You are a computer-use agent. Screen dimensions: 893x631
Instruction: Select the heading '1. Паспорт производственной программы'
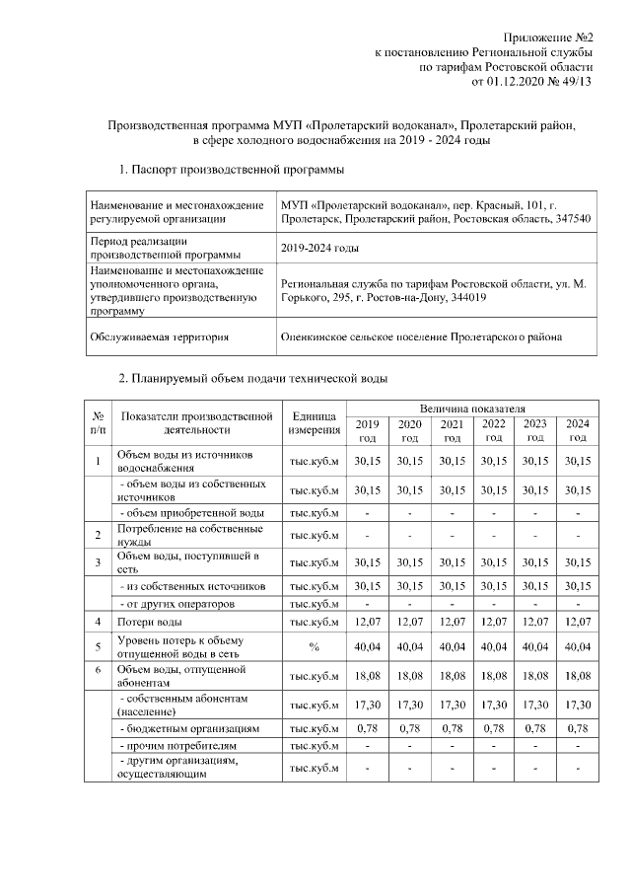231,171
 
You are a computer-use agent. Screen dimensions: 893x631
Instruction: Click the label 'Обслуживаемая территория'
159,336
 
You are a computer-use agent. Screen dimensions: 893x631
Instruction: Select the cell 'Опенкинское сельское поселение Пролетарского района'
421,336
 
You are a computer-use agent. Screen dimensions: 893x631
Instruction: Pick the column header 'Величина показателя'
472,408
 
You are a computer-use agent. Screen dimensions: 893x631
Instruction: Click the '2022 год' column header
494,430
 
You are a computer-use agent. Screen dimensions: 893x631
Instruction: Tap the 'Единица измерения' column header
315,423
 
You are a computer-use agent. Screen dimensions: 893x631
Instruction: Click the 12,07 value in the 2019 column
367,623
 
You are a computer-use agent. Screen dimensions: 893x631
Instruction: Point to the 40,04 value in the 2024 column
578,646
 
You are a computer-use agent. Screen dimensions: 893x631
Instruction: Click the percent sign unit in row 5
315,646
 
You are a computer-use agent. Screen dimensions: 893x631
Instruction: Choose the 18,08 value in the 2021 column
452,676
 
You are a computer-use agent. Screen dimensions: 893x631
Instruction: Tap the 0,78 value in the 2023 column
535,727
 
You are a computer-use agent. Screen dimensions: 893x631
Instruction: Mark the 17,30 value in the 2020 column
409,705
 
